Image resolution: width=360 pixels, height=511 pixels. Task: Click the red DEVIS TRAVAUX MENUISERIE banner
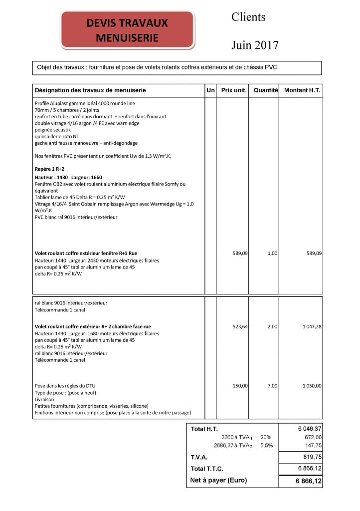(127, 30)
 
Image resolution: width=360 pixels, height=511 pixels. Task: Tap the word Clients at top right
(248, 17)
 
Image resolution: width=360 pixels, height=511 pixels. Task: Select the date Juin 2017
(255, 45)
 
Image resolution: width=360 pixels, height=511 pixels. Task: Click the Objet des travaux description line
(158, 67)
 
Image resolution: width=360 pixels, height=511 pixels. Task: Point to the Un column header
(210, 90)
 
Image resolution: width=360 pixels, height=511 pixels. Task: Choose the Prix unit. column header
(234, 90)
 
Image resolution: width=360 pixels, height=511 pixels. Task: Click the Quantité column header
(265, 90)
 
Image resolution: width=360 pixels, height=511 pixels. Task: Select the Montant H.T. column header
(302, 90)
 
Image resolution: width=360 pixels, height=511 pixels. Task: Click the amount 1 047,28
(310, 326)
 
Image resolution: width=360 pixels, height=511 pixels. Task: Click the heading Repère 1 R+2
(49, 169)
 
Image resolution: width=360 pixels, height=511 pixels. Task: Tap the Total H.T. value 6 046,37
(310, 429)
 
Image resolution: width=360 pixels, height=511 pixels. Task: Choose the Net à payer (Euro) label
(218, 481)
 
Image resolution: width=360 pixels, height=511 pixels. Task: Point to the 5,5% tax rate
(265, 446)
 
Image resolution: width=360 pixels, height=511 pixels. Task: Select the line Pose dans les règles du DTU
(65, 386)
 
